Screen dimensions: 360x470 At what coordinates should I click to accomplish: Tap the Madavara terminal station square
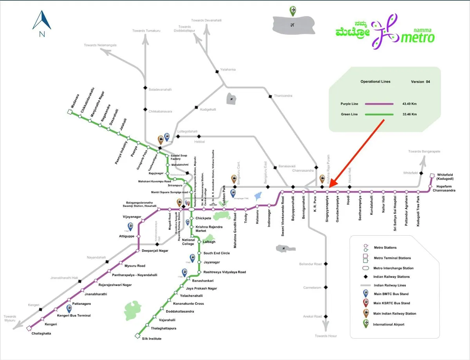click(x=70, y=112)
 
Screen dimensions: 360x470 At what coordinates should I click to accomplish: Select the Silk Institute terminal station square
click(x=137, y=335)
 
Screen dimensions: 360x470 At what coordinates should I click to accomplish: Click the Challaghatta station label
click(x=41, y=333)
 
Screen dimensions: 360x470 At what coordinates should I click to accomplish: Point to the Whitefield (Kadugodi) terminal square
click(x=432, y=176)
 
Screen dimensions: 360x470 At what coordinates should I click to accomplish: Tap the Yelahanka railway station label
click(x=228, y=70)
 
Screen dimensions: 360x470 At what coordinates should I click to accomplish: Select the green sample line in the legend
click(x=379, y=114)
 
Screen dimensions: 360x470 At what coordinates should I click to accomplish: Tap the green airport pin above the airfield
click(x=293, y=11)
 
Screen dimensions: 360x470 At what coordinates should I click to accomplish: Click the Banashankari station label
click(x=202, y=281)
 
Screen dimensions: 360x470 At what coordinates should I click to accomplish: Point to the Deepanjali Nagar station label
click(x=155, y=250)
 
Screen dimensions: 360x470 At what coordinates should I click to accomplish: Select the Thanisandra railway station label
click(x=283, y=95)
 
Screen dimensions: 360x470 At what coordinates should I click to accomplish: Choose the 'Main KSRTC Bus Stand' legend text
click(x=392, y=303)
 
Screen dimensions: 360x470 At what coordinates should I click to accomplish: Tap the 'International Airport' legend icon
click(x=365, y=324)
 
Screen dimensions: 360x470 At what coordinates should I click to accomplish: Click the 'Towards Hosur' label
click(x=326, y=336)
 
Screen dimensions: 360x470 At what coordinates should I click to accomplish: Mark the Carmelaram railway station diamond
click(x=325, y=288)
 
